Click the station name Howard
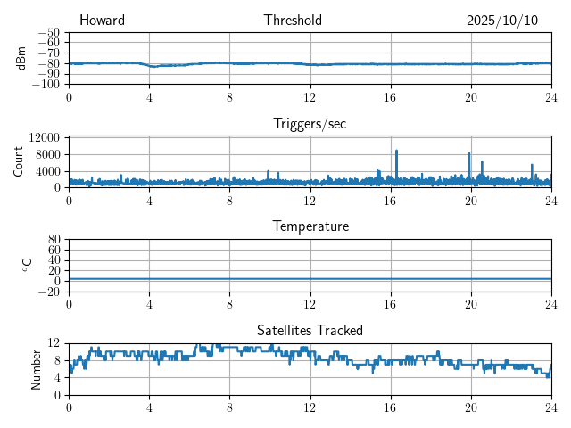tap(102, 21)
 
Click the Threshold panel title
tap(293, 21)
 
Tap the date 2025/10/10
tap(501, 21)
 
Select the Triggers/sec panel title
tap(310, 124)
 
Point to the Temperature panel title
tap(310, 226)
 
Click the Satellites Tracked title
tap(310, 330)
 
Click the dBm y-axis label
tap(21, 57)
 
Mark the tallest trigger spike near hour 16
tap(397, 152)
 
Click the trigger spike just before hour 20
tap(469, 154)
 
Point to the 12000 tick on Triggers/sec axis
tap(45, 137)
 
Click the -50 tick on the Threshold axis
tap(49, 33)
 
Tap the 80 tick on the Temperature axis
tap(54, 240)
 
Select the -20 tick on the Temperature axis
tap(49, 292)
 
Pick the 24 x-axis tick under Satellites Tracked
tap(550, 406)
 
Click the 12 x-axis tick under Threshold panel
tap(310, 95)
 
